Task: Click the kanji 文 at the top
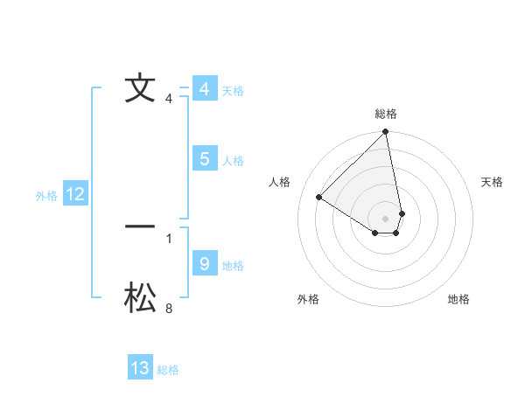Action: tap(140, 88)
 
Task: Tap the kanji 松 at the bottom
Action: tap(140, 299)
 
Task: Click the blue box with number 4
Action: tap(204, 89)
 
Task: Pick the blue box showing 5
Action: tap(204, 159)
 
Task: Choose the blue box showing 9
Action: tap(204, 264)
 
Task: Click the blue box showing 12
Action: tap(74, 194)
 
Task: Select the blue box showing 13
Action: tap(140, 368)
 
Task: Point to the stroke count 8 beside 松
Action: tap(169, 308)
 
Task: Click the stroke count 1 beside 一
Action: tap(169, 238)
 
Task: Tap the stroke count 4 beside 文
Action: tap(169, 98)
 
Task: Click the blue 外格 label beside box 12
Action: tap(46, 196)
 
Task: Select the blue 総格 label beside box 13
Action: tap(168, 370)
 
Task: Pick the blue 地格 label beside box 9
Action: tap(233, 266)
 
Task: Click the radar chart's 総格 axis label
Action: tap(386, 114)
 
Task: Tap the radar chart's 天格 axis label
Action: tap(493, 182)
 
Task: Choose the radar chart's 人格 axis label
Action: tap(280, 182)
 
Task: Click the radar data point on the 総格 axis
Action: tap(386, 132)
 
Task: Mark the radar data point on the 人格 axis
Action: tap(319, 198)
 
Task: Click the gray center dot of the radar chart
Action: tap(386, 217)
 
